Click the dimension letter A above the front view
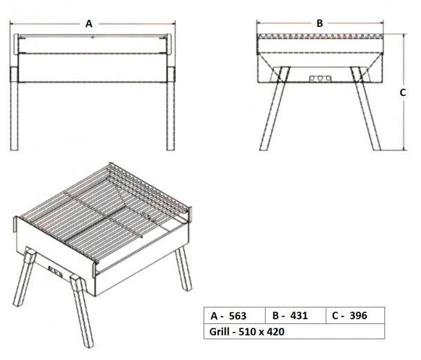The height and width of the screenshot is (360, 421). click(89, 23)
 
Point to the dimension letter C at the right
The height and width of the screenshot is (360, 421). click(402, 91)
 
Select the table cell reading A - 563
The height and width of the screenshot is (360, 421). click(235, 316)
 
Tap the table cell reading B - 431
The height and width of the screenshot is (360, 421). click(295, 316)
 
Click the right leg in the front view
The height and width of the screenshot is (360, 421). click(170, 111)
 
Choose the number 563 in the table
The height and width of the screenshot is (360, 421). click(237, 316)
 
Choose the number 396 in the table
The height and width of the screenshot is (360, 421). click(358, 316)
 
